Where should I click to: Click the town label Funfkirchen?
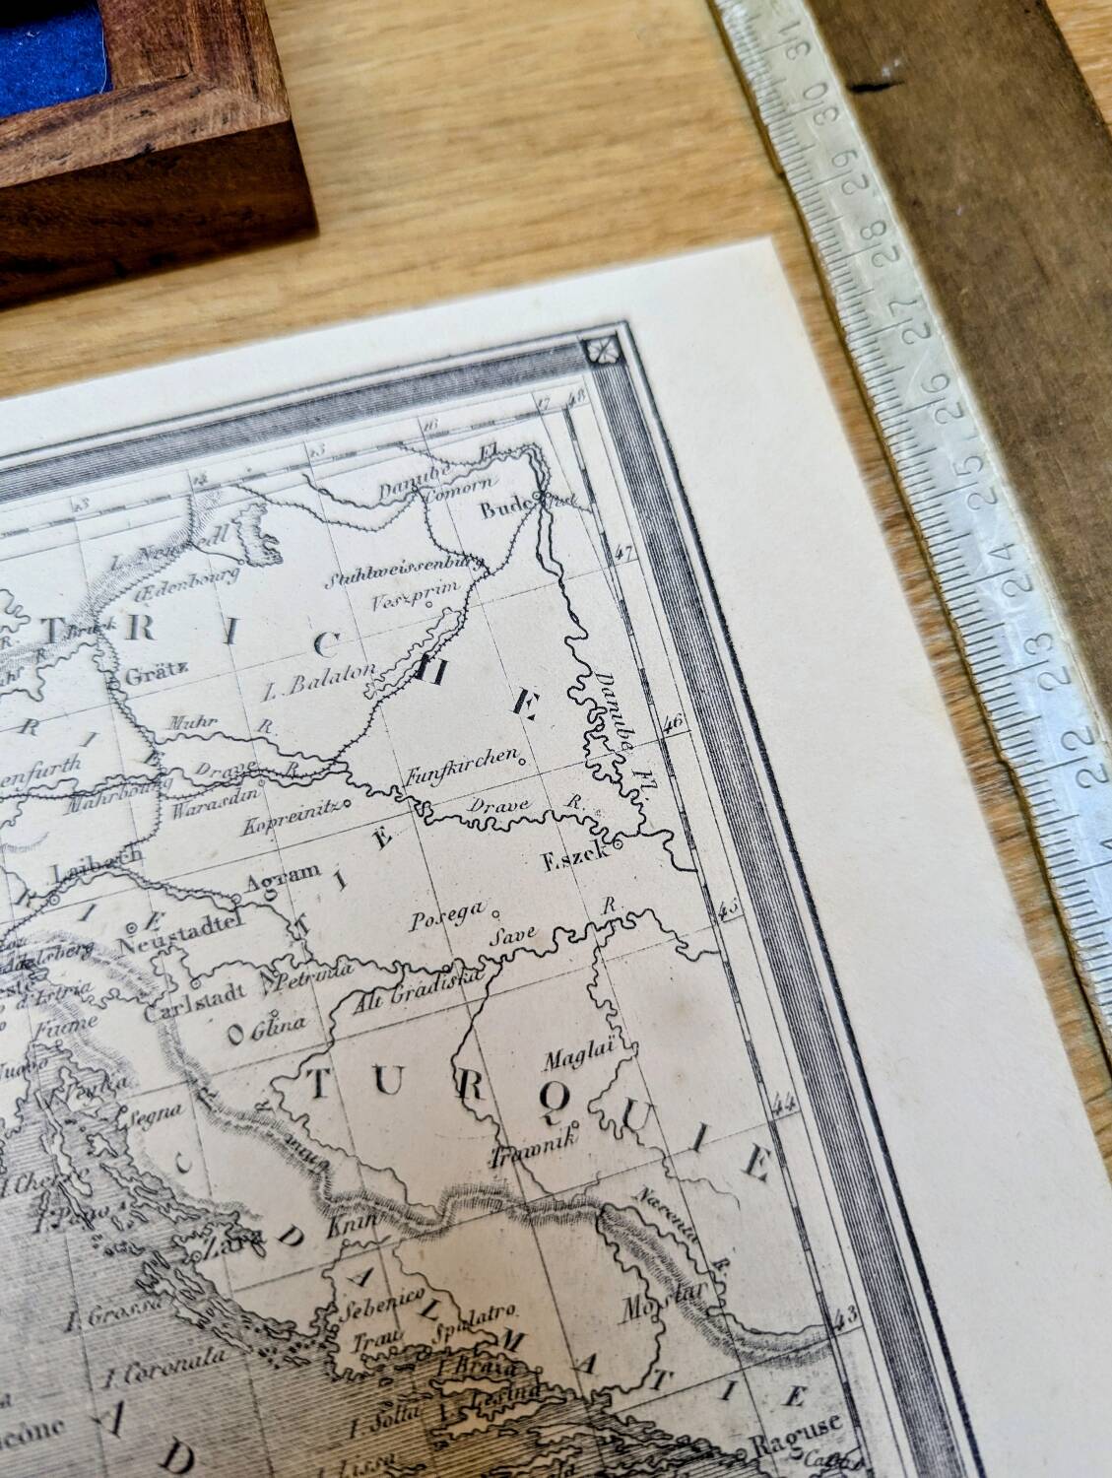coord(462,758)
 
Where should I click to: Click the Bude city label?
coord(505,509)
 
